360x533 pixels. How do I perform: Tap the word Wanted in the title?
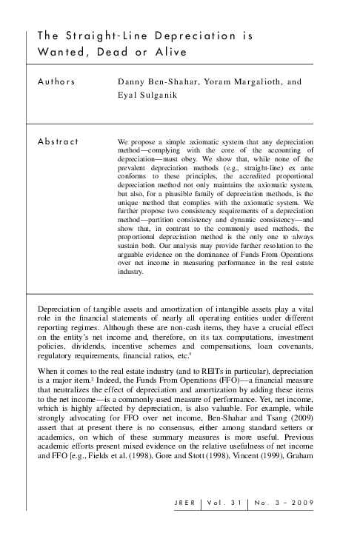click(63, 51)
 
